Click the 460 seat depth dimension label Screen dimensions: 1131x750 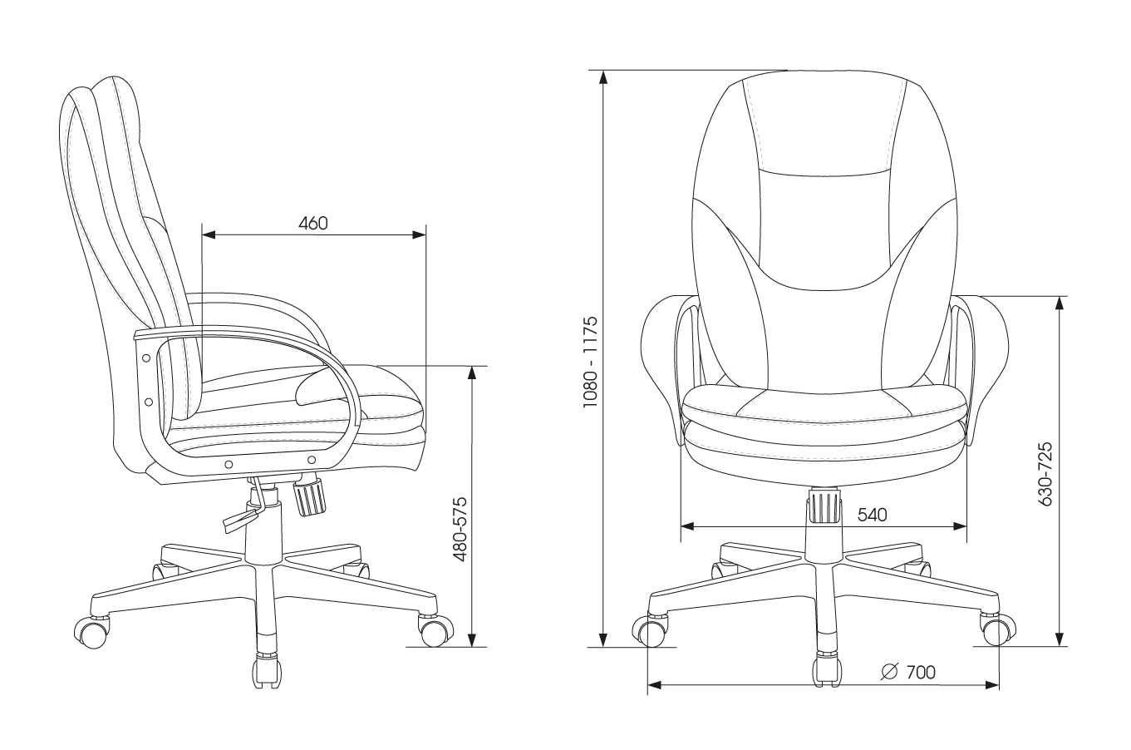(x=313, y=223)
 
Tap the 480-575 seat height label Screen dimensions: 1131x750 (x=460, y=530)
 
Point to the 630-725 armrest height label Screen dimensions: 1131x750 (x=1045, y=473)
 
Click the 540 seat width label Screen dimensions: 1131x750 (x=872, y=514)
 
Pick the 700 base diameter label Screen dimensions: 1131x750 (x=921, y=672)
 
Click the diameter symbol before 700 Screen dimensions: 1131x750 (x=889, y=671)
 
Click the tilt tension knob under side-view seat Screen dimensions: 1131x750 (x=310, y=496)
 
